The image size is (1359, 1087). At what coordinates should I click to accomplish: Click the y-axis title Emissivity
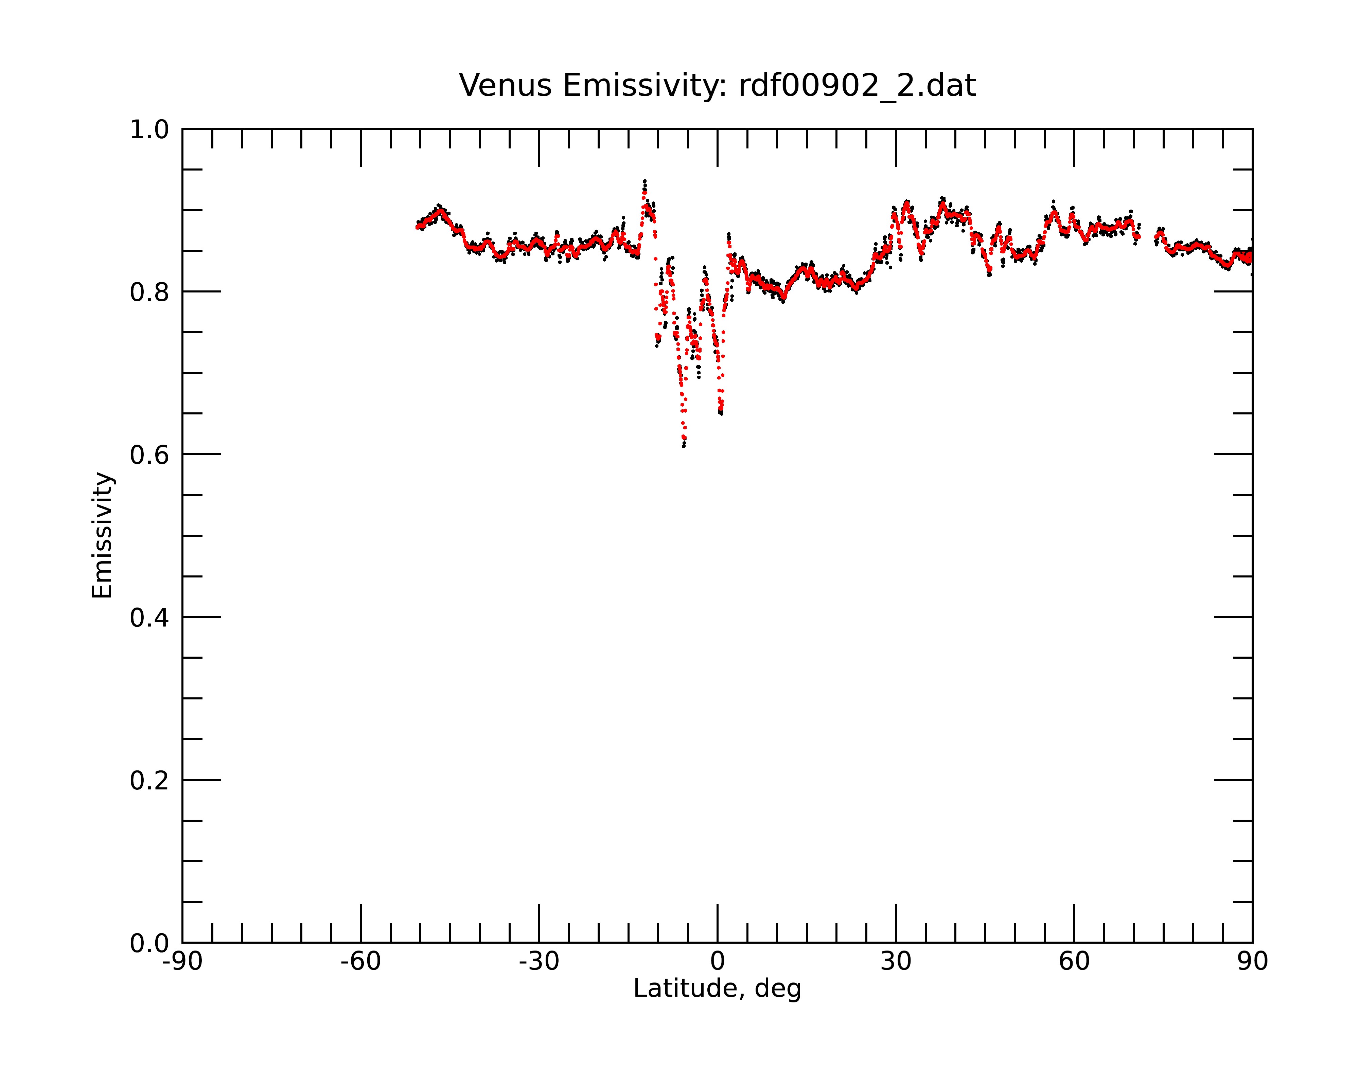click(x=102, y=535)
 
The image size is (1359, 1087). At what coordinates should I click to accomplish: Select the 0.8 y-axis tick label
click(x=149, y=292)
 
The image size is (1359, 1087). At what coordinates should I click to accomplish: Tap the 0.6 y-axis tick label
click(x=149, y=455)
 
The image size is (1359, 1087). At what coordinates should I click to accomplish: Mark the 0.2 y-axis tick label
click(x=149, y=781)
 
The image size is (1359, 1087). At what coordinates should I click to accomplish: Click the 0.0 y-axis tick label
click(x=149, y=943)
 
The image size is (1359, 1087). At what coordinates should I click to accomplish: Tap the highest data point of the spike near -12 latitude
click(x=644, y=181)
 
